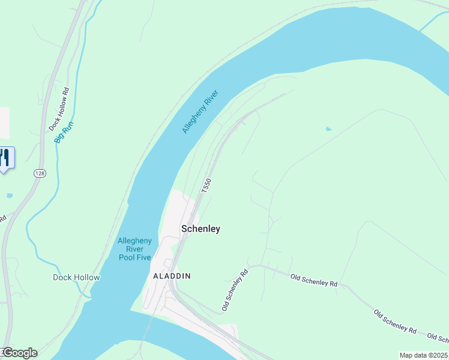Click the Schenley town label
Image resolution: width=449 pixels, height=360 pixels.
point(200,229)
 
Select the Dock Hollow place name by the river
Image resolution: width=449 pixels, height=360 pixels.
point(76,277)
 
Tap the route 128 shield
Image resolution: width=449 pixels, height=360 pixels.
point(40,173)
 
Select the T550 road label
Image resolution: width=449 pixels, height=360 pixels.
point(206,185)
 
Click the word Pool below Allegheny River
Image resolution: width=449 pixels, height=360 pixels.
point(127,257)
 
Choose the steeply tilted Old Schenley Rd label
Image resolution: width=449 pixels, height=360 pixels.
point(235,290)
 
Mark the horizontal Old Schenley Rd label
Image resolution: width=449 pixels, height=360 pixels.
point(313,280)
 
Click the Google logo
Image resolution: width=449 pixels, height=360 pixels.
point(20,353)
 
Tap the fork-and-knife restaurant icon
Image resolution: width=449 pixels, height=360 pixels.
point(5,157)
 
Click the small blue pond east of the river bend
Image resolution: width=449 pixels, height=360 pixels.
point(328,129)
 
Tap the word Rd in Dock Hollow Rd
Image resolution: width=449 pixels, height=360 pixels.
point(65,93)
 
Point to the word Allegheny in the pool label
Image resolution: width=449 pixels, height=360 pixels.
point(135,241)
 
